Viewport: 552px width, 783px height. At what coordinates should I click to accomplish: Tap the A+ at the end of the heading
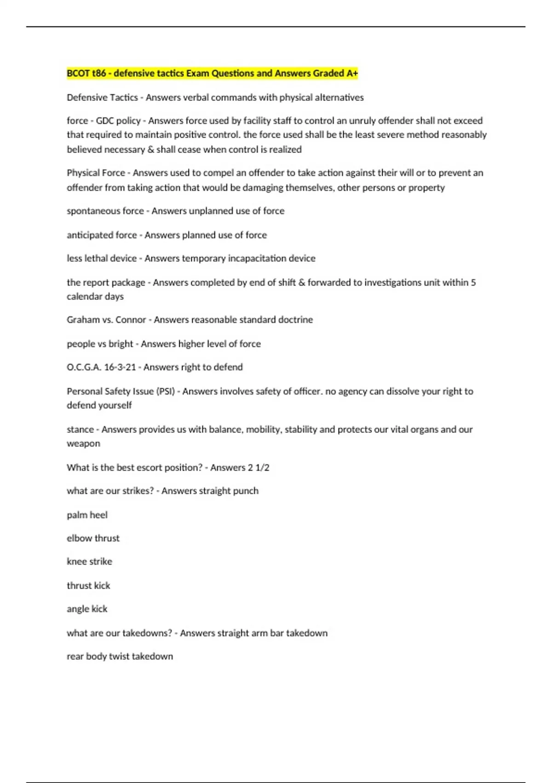tap(352, 73)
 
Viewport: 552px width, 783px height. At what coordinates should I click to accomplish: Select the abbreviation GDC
tap(104, 121)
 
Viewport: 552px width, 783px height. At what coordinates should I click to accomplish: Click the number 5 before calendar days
tap(473, 282)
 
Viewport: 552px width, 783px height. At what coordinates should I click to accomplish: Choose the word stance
tap(80, 429)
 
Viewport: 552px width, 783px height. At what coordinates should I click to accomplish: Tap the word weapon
tap(83, 444)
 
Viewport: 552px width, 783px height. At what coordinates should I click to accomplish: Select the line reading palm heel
tap(87, 515)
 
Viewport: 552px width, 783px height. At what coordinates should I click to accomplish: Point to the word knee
tap(76, 561)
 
